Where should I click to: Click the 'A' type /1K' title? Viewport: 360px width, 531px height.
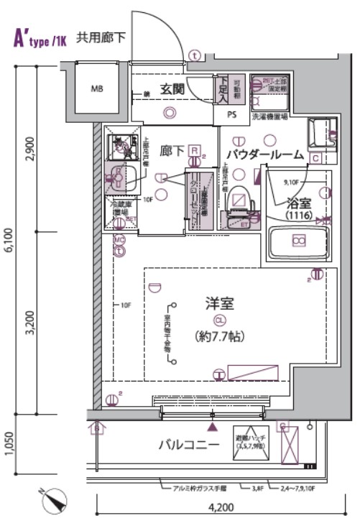[x=40, y=38]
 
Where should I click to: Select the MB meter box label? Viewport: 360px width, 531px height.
[x=97, y=90]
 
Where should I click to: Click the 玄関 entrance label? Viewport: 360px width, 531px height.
[x=173, y=89]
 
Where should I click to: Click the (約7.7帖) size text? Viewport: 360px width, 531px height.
[x=219, y=336]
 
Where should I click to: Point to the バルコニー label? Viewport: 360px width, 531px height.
[x=188, y=445]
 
